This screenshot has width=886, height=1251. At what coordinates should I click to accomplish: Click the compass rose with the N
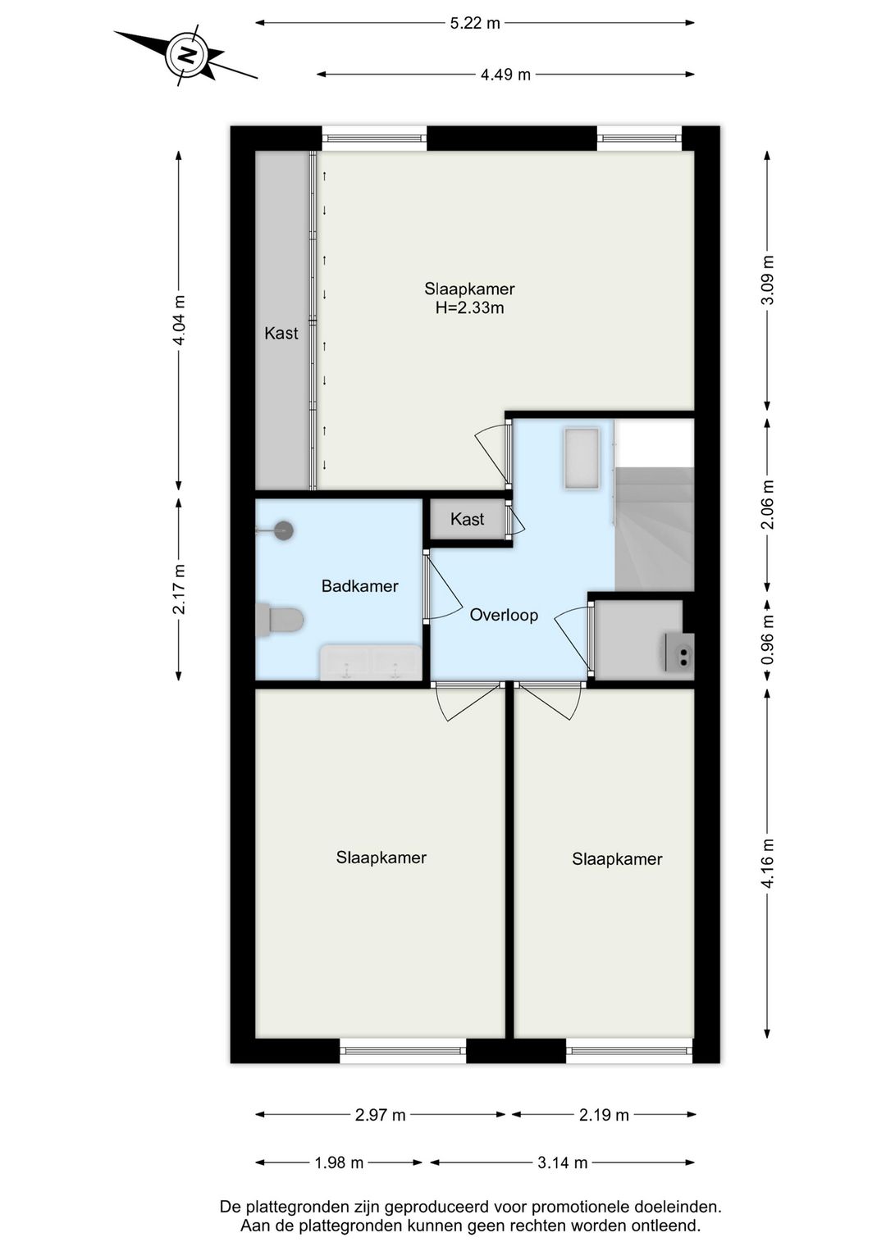pos(187,56)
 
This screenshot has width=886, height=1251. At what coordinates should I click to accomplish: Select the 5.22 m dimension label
pos(475,23)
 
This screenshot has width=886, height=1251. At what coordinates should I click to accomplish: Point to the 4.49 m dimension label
pos(505,75)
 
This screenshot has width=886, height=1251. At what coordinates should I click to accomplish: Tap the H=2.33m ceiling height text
pos(469,308)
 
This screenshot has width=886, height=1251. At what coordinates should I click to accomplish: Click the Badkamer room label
pos(359,586)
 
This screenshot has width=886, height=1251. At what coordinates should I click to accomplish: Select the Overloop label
pos(504,615)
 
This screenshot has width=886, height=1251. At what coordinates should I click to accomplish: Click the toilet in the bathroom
pos(280,620)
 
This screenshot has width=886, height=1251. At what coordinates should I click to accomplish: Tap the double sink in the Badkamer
pos(371,662)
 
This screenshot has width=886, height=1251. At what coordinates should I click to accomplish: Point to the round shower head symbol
pos(284,530)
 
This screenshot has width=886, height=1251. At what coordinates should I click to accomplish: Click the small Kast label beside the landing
pos(467,520)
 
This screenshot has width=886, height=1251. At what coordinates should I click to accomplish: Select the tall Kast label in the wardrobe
pos(281,334)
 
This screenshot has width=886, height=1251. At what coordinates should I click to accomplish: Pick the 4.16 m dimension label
pos(767,863)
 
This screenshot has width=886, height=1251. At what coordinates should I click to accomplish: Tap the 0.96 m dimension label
pos(767,639)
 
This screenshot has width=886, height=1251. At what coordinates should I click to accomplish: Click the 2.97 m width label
pos(380,1115)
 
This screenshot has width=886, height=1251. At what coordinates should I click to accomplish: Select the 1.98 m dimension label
pos(339,1162)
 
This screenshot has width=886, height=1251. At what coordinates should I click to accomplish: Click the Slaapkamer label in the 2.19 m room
pos(617,859)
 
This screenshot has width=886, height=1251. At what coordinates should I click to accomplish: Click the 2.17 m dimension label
pos(179,589)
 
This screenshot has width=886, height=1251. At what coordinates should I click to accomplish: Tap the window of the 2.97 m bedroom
pos(403,1050)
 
